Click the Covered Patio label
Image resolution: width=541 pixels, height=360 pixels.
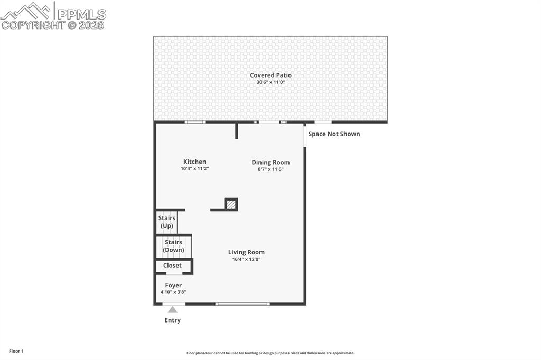pos(270,75)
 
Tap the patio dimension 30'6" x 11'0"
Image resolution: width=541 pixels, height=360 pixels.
pos(270,82)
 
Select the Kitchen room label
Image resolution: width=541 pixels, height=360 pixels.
pos(194,162)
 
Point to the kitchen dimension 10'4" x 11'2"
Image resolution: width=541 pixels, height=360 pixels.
pos(194,169)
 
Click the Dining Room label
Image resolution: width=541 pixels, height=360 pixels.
pos(270,163)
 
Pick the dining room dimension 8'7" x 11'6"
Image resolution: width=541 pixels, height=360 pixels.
pos(270,169)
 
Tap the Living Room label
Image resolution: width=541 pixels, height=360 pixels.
pos(246,252)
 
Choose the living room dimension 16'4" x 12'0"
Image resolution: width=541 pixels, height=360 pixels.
pos(246,259)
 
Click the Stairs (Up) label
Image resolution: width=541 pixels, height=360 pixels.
pos(166,222)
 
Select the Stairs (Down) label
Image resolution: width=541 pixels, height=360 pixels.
pos(173,246)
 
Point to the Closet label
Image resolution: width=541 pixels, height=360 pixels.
pos(172,266)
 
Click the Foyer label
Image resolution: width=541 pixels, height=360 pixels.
pos(173,286)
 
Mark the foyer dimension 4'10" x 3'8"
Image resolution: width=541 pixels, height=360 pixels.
pos(173,292)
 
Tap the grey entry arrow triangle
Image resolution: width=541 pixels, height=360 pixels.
pos(173,310)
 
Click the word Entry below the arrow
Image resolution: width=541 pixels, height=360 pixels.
pos(173,320)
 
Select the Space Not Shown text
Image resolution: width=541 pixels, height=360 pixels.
pos(334,134)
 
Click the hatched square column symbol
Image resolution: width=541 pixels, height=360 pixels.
pos(231,204)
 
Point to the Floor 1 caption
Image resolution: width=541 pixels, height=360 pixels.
pos(16,351)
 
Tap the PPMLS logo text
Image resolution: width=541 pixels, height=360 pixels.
pos(81,14)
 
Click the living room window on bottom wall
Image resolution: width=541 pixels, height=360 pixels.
pos(243,304)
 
